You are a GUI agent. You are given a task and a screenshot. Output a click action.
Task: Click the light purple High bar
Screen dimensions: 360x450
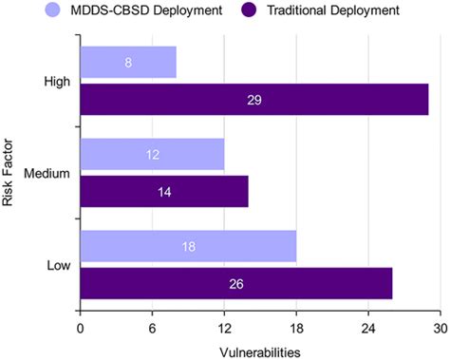click(128, 63)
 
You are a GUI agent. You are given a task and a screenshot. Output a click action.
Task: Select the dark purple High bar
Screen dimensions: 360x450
click(254, 99)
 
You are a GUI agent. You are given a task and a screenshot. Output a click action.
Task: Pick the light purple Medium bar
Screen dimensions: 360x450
click(152, 154)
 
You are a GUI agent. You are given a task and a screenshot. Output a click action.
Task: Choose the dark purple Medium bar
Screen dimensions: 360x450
click(164, 190)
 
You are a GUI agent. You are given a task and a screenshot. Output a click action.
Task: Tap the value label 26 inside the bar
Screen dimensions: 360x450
click(236, 282)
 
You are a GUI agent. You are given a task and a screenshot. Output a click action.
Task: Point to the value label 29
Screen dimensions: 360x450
click(254, 99)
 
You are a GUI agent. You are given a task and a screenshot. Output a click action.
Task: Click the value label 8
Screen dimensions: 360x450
click(128, 63)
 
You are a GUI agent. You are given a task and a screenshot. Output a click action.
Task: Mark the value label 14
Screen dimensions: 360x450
click(164, 190)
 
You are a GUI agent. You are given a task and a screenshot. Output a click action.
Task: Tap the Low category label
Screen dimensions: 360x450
click(56, 264)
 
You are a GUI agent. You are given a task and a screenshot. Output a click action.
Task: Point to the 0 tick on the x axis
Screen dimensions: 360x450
click(81, 329)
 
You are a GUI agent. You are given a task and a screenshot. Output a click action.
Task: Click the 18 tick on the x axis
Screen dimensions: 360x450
click(296, 329)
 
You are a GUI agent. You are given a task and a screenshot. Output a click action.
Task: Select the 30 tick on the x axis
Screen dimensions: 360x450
click(440, 329)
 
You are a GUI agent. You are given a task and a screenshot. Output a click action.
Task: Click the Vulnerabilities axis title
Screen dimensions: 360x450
click(260, 351)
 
